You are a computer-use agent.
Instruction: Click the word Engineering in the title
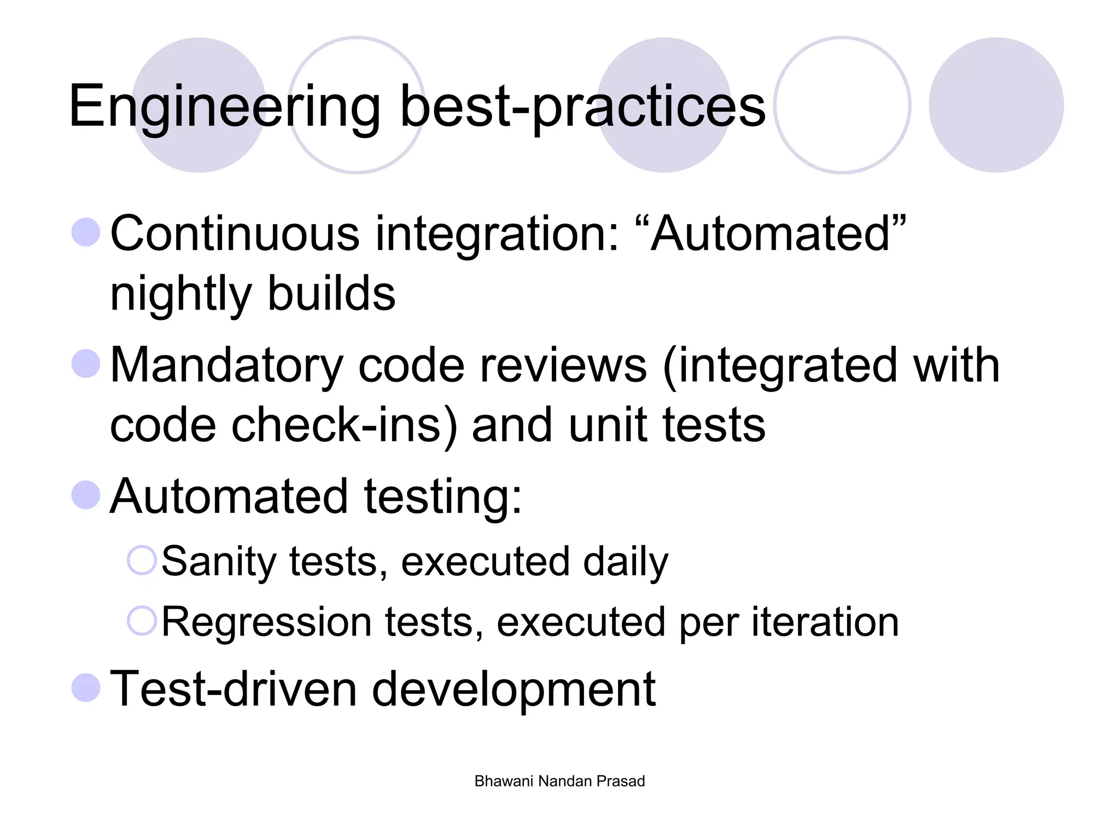[224, 107]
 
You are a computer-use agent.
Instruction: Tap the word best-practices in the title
[582, 107]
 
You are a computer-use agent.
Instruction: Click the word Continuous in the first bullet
[235, 234]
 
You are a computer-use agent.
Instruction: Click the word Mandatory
[226, 365]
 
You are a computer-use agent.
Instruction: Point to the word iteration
[825, 622]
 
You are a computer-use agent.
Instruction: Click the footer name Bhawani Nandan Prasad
[559, 781]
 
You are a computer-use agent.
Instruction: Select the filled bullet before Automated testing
[86, 495]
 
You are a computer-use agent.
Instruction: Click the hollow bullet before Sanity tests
[142, 561]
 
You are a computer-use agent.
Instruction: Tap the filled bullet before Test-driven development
[86, 687]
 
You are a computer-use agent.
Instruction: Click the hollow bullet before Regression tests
[142, 621]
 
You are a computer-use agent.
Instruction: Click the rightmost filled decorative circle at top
[996, 105]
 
